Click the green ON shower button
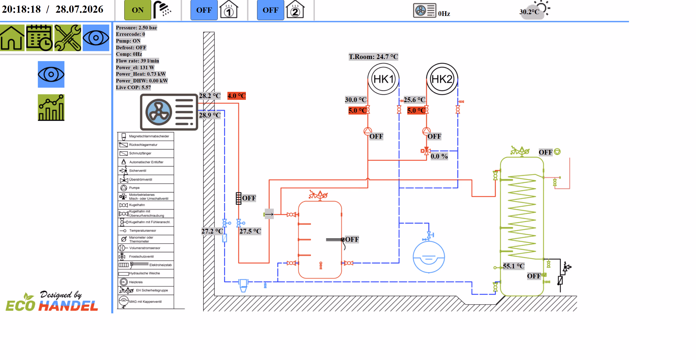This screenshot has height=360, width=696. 138,10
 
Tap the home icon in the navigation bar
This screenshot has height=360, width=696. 12,38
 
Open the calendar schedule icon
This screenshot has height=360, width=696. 39,38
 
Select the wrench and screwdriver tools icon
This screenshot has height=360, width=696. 68,38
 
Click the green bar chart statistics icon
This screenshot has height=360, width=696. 51,108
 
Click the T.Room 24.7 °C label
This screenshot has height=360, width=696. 373,57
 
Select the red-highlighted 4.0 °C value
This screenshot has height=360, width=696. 237,96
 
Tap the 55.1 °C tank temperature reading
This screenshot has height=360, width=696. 513,266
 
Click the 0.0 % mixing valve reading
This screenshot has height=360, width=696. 439,156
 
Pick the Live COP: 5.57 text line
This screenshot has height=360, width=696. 134,87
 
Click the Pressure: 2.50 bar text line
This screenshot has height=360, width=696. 137,28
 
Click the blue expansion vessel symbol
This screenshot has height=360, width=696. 429,257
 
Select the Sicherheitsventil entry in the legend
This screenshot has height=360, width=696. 138,171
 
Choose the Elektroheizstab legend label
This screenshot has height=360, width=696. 160,265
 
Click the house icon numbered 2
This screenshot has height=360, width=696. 295,10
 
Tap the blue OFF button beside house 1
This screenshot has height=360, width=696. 204,10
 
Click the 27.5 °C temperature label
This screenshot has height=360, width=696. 250,231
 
